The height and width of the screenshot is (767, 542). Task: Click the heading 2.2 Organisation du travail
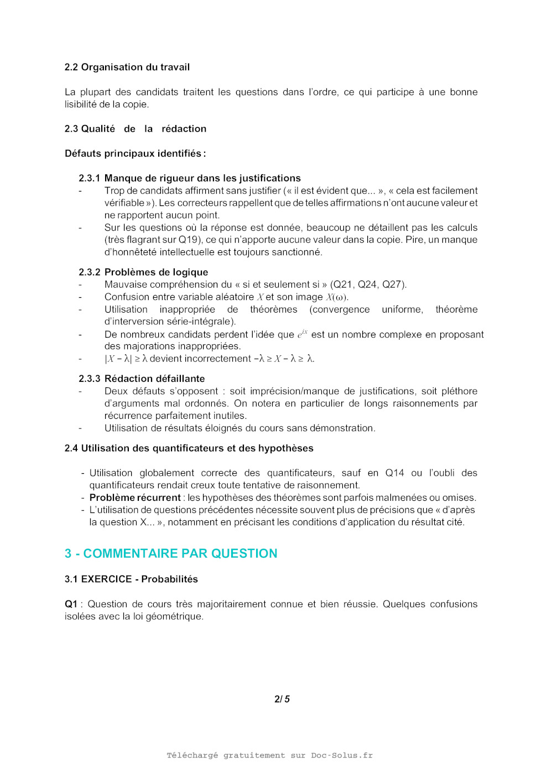click(x=127, y=67)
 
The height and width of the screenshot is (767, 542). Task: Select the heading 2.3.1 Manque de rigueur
click(x=190, y=178)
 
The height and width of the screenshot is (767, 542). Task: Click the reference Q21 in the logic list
click(x=342, y=284)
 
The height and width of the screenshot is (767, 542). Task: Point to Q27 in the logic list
click(x=392, y=284)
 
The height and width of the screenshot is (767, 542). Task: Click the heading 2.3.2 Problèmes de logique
click(x=143, y=272)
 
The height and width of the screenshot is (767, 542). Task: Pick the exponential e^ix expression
click(x=303, y=334)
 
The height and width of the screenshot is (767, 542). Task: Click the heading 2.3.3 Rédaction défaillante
click(x=142, y=379)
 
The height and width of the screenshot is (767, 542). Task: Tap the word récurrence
click(x=127, y=416)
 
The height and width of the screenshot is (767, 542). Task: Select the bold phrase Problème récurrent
click(x=135, y=497)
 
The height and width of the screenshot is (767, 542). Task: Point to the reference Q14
click(x=394, y=473)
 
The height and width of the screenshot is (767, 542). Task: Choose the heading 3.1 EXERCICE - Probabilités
click(x=131, y=579)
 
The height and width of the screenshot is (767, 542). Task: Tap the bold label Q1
click(x=71, y=604)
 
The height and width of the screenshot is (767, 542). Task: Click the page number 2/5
click(x=282, y=699)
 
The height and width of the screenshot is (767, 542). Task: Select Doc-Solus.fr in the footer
click(x=341, y=755)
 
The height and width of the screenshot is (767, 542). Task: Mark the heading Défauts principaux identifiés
click(x=135, y=153)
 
